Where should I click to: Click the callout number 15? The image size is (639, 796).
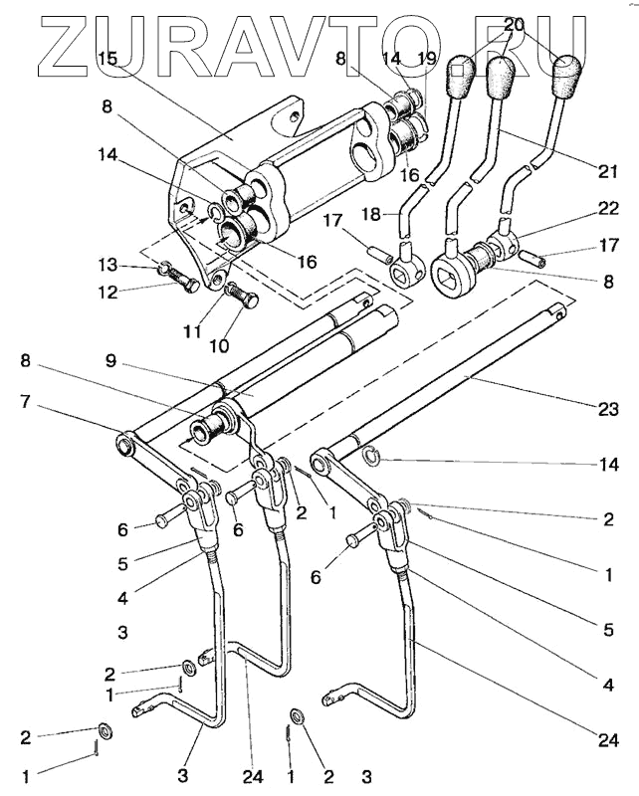(x=107, y=58)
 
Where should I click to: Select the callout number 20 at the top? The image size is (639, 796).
(x=514, y=25)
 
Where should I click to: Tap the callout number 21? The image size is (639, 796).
(x=607, y=171)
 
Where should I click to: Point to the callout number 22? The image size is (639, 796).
(x=608, y=209)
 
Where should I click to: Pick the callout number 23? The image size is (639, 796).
(x=608, y=409)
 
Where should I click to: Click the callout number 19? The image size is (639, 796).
(x=428, y=59)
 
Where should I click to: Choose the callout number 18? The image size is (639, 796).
(x=372, y=214)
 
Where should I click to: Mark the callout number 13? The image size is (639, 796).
(x=108, y=265)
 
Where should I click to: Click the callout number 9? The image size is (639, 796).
(x=111, y=361)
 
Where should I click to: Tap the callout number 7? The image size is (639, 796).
(x=26, y=402)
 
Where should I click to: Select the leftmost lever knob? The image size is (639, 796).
(x=461, y=78)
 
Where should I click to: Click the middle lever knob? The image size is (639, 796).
(x=501, y=78)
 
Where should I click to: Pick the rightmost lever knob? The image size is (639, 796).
(x=566, y=77)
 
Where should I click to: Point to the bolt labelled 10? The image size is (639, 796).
(x=241, y=296)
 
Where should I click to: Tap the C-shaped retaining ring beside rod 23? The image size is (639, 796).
(x=372, y=456)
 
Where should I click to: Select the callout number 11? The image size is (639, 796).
(x=192, y=331)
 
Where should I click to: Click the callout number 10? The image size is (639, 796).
(x=218, y=345)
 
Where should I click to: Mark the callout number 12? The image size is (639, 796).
(x=108, y=292)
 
